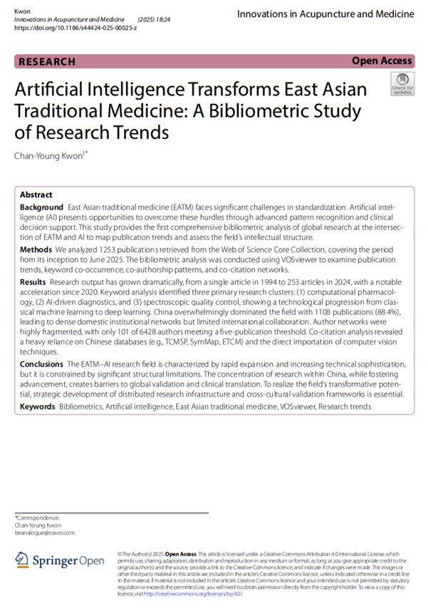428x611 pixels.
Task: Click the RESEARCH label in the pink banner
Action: point(46,61)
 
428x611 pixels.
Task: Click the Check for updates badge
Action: point(402,85)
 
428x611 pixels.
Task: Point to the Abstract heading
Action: point(36,194)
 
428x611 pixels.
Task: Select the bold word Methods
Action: point(36,250)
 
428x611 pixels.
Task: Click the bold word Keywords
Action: point(38,407)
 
